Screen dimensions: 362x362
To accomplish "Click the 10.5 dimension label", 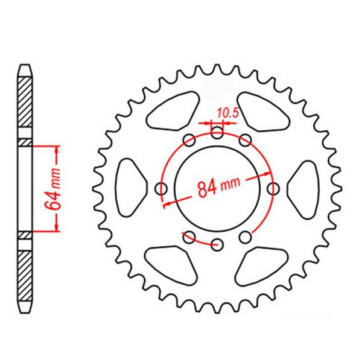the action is tap(227, 113).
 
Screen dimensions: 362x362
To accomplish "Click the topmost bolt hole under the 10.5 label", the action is tap(217, 132).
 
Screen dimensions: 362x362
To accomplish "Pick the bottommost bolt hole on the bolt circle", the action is tap(217, 244).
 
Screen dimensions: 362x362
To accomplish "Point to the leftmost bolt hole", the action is tap(161, 189).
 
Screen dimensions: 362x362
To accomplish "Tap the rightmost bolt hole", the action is tap(273, 189).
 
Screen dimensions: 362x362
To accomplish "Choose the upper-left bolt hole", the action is tap(189, 140).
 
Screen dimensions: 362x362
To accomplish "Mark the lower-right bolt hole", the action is tap(245, 237).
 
